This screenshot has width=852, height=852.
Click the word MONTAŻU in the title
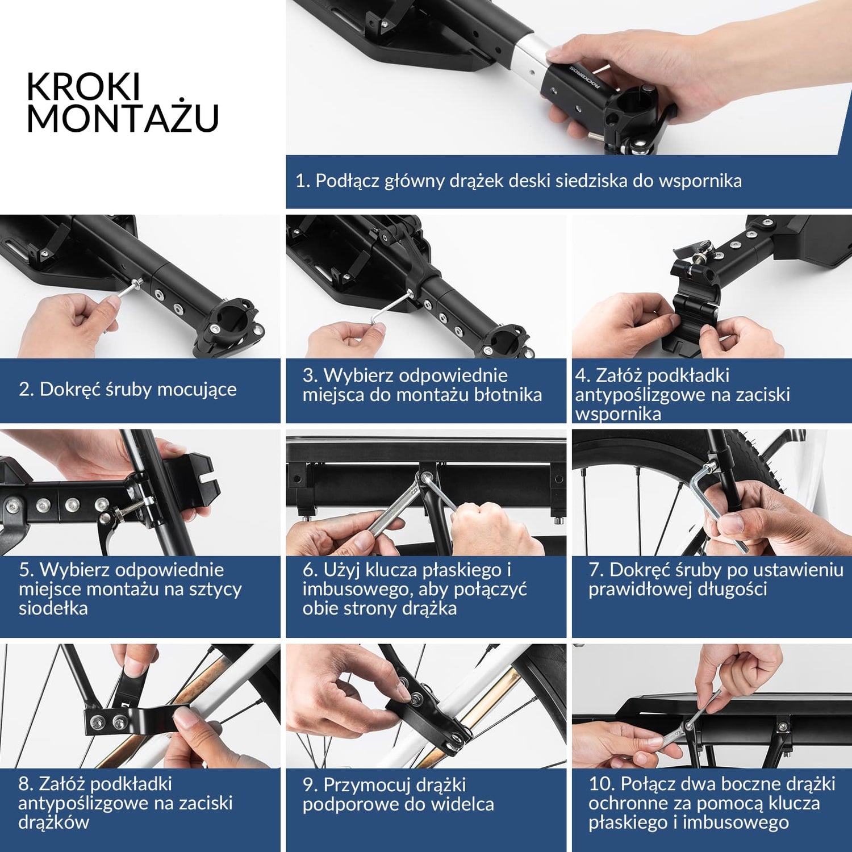pyautogui.click(x=123, y=118)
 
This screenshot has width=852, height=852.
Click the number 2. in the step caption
pyautogui.click(x=26, y=389)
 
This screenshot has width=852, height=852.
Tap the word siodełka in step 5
pyautogui.click(x=53, y=608)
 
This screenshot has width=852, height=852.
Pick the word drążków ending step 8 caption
pyautogui.click(x=54, y=822)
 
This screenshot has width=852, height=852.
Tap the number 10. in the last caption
pyautogui.click(x=602, y=784)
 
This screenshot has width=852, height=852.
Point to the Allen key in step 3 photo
pyautogui.click(x=392, y=307)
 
